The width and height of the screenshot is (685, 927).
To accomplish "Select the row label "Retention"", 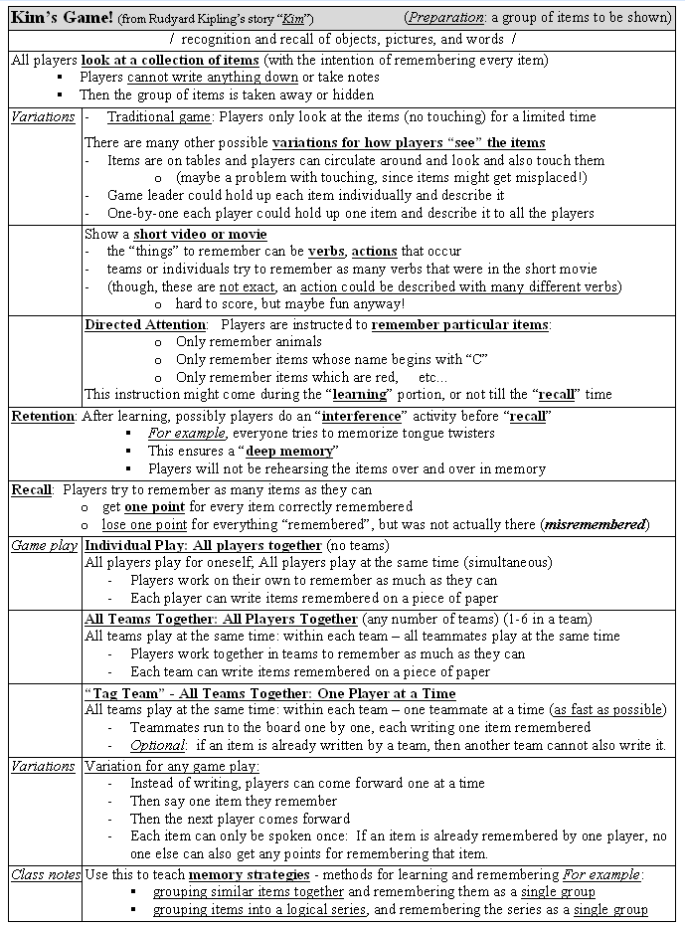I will [43, 416].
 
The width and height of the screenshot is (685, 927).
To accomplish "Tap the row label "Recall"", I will [32, 489].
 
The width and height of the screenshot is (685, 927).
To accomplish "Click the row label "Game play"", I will [44, 545].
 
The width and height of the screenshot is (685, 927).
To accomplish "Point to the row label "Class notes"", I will [46, 874].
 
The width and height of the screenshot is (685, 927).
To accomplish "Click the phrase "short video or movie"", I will [200, 235].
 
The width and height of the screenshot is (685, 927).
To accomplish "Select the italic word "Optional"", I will [157, 745].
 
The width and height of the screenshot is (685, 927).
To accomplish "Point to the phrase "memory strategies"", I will [249, 874].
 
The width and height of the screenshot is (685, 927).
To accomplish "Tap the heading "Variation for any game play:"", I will [172, 766].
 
